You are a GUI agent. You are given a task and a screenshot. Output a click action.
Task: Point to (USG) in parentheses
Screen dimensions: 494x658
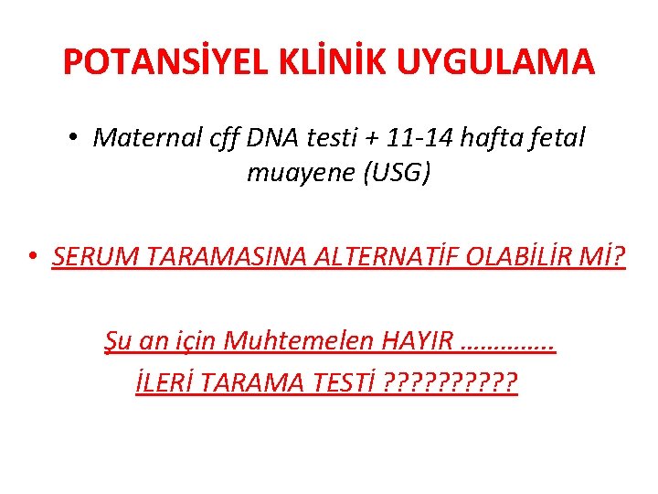pyautogui.click(x=391, y=173)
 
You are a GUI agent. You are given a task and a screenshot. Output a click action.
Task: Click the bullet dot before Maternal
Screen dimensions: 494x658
pyautogui.click(x=72, y=138)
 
